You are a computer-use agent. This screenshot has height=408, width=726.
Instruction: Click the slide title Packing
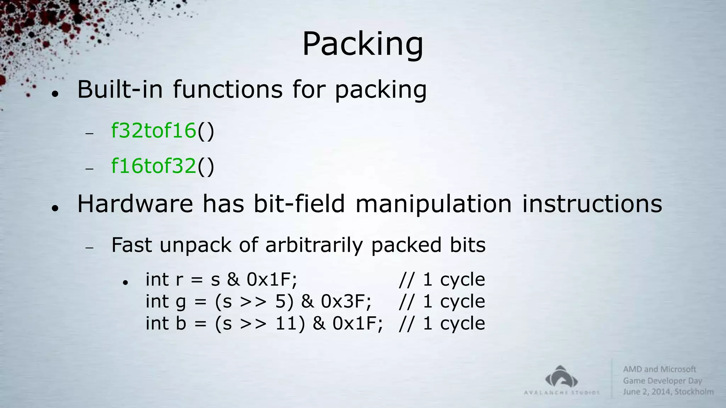coord(362,44)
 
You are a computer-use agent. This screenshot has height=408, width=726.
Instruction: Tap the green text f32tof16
coord(153,130)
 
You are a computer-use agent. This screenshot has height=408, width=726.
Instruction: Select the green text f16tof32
coord(153,166)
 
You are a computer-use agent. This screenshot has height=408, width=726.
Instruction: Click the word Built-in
coord(120,89)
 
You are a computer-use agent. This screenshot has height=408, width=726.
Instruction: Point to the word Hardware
coord(135,204)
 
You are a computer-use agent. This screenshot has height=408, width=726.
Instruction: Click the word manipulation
coord(433,205)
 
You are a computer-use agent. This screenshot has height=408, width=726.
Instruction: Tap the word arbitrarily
coord(314,245)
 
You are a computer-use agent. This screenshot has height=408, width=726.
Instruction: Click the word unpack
coord(195,245)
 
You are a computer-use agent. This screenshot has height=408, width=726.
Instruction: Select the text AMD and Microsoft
coord(659,369)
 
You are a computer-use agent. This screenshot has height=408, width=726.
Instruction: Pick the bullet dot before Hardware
coord(55,208)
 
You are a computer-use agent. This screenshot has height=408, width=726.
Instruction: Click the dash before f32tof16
coord(89,134)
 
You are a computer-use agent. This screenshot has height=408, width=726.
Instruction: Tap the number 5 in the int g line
coord(280,301)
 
